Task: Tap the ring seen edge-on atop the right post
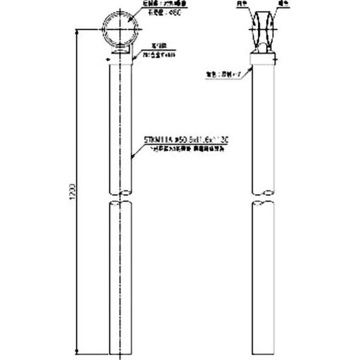coord(264,27)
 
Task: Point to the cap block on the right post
coord(263,59)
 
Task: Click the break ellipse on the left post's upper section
coord(121,193)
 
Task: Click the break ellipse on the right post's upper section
coord(263,193)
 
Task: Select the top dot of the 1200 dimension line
coord(78,29)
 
